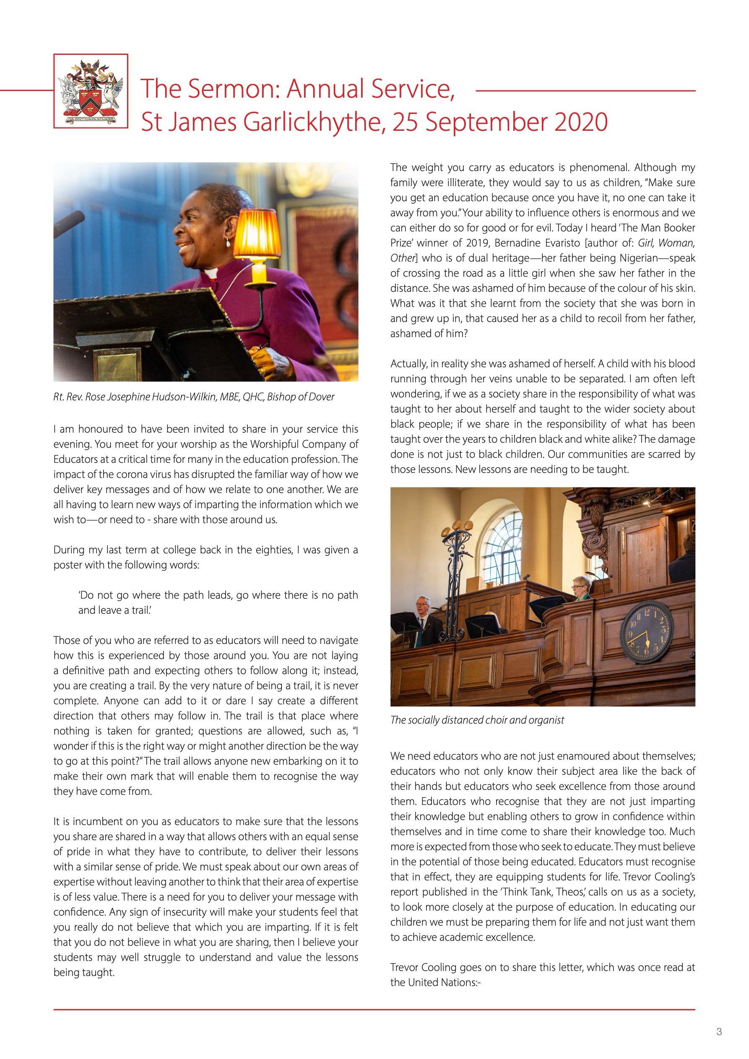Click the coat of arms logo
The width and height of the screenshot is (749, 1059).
click(x=91, y=91)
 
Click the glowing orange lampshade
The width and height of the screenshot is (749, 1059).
click(x=257, y=234)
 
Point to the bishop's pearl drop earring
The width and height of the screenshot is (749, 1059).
click(x=228, y=243)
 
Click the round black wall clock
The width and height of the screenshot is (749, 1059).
click(x=646, y=631)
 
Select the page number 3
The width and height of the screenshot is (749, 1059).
click(x=718, y=1031)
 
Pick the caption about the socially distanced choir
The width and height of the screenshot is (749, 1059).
click(x=477, y=720)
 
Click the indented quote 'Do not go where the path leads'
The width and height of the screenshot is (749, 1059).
click(x=218, y=602)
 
